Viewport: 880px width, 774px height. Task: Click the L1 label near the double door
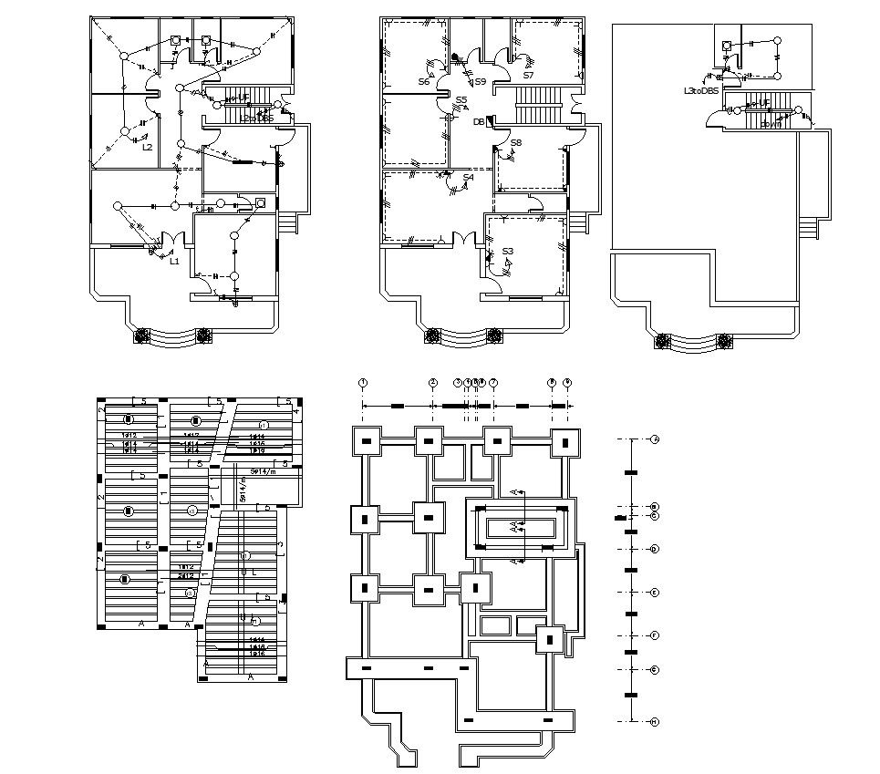click(174, 261)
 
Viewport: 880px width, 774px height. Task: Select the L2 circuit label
click(147, 146)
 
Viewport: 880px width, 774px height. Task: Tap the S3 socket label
click(508, 251)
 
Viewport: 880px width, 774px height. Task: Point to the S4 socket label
click(468, 177)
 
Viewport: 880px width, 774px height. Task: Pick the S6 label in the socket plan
click(424, 82)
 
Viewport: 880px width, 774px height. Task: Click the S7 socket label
click(528, 75)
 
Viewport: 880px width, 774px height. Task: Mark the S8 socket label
click(515, 143)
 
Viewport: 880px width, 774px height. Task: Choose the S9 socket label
click(480, 82)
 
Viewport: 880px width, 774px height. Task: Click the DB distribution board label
click(478, 121)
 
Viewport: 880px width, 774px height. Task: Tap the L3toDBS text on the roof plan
click(701, 91)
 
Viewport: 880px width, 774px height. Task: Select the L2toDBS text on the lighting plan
click(255, 118)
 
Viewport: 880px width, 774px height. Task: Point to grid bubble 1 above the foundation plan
click(363, 383)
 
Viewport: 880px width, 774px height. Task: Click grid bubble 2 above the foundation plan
click(433, 383)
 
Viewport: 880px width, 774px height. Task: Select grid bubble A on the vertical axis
click(655, 439)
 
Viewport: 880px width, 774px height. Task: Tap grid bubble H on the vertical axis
click(655, 721)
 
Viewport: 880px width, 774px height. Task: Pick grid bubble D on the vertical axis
click(655, 549)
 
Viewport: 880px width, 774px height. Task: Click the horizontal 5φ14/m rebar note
click(265, 470)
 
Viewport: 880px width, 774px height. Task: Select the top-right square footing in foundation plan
click(565, 443)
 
